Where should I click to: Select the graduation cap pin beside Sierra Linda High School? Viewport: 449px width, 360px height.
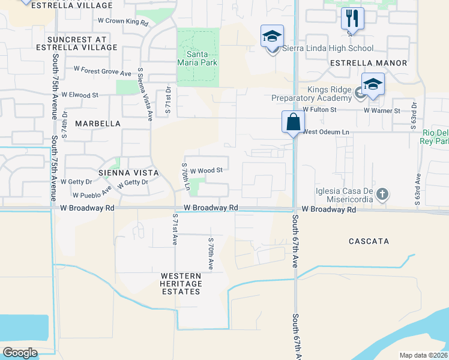tap(272, 37)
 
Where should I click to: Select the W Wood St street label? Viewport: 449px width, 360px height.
tap(206, 170)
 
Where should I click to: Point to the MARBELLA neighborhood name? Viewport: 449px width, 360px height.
tap(98, 124)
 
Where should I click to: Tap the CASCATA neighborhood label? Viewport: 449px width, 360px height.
tap(369, 241)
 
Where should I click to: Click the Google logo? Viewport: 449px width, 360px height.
tap(20, 353)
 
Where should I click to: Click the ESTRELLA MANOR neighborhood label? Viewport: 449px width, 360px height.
tap(369, 63)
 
